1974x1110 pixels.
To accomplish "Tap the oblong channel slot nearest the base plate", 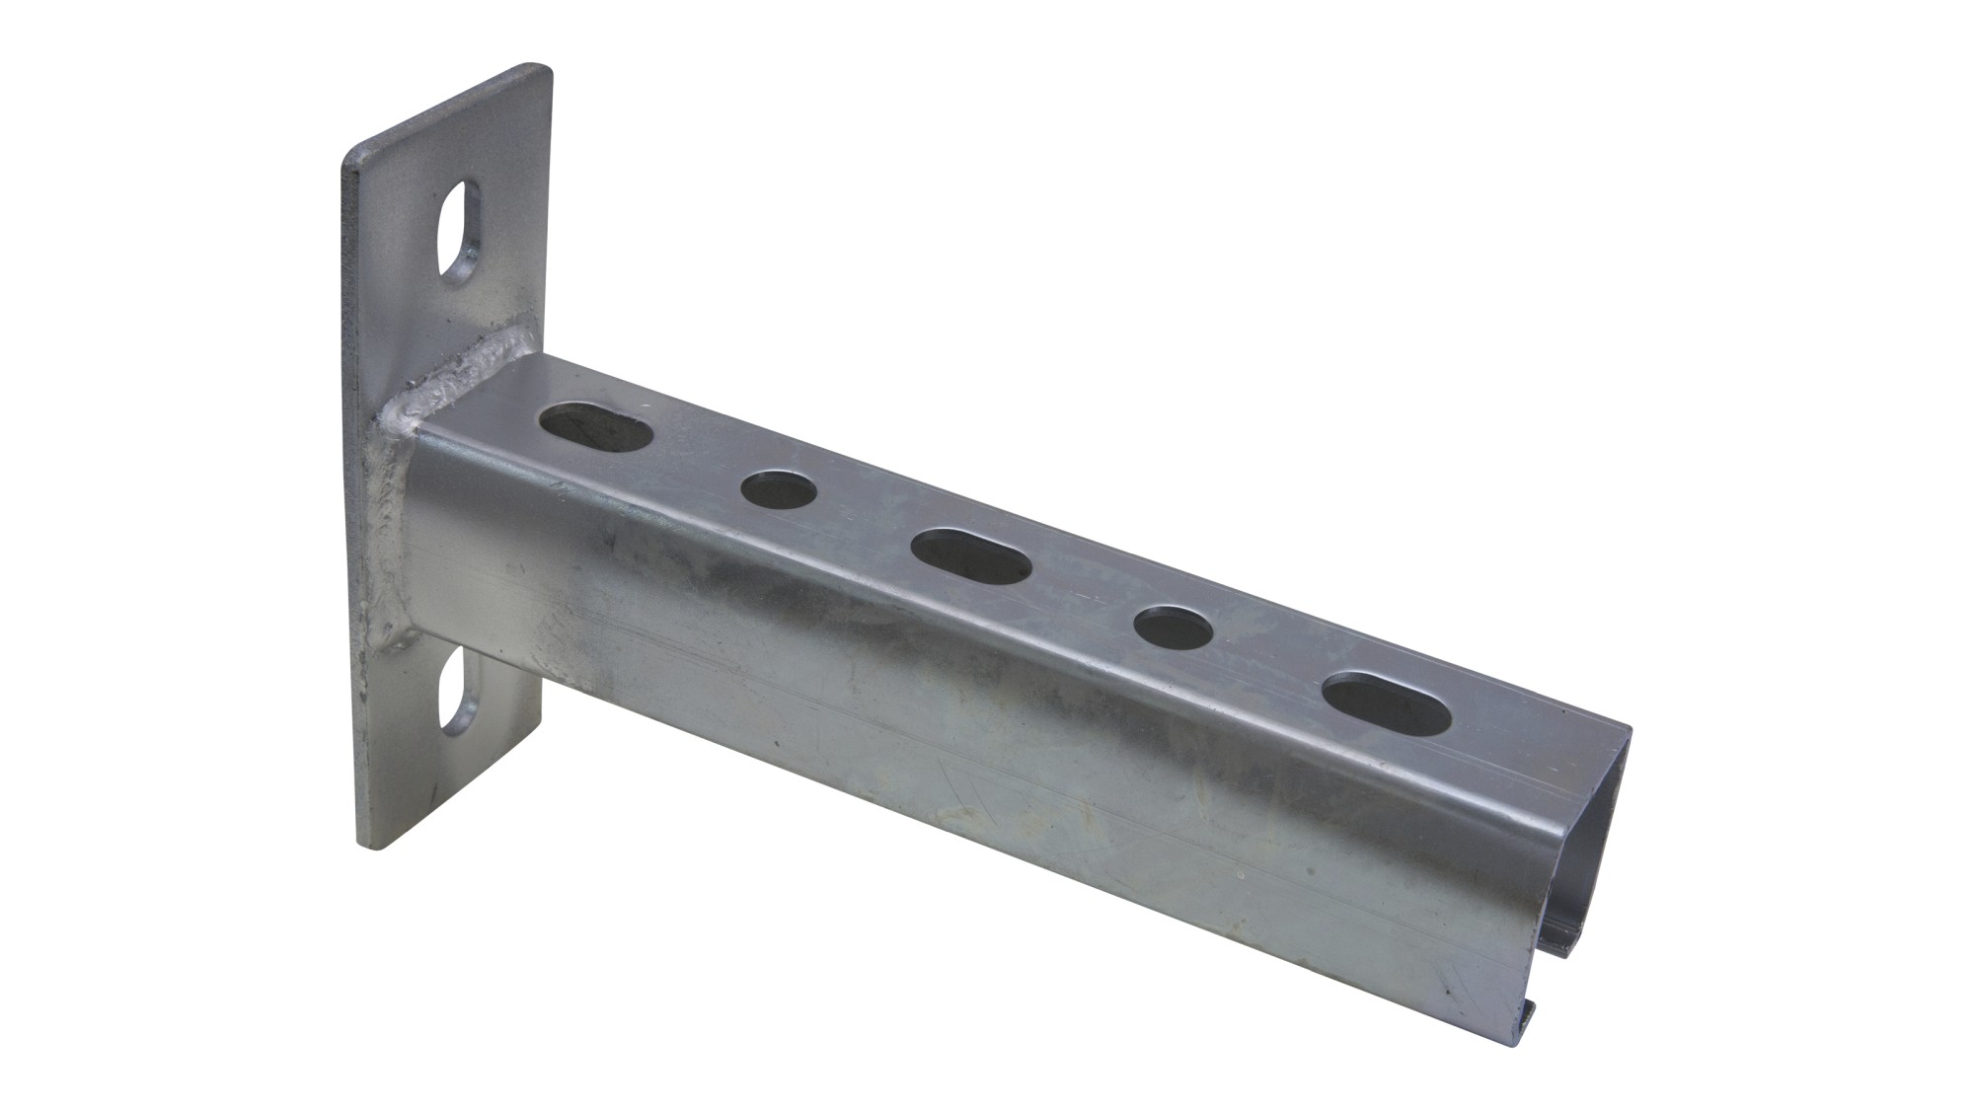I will pyautogui.click(x=596, y=428).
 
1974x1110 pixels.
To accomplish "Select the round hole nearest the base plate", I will pyautogui.click(x=780, y=489).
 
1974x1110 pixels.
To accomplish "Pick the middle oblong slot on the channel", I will pyautogui.click(x=971, y=558).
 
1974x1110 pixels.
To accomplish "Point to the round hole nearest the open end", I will pyautogui.click(x=1174, y=628).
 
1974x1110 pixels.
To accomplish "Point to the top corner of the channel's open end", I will pyautogui.click(x=1627, y=732).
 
